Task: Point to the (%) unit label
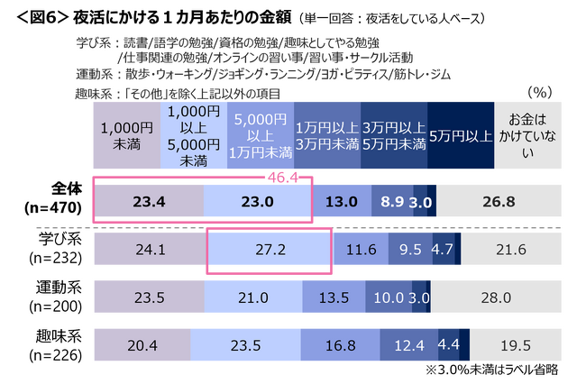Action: tap(538, 91)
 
